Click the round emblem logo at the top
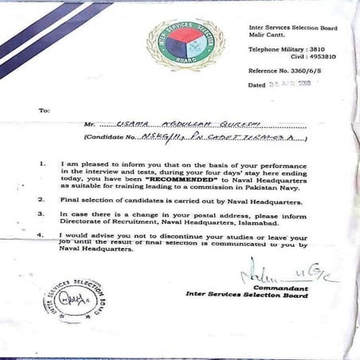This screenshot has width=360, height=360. coord(185,46)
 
